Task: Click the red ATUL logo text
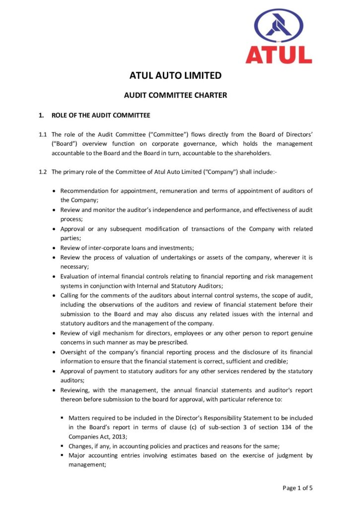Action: click(x=279, y=54)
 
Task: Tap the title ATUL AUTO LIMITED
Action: click(x=175, y=76)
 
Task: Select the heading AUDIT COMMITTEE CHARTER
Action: click(x=175, y=95)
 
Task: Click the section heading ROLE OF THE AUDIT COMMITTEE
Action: click(x=101, y=116)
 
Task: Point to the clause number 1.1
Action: click(x=43, y=134)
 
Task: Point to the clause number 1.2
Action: click(x=43, y=172)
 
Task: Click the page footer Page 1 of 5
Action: click(x=297, y=488)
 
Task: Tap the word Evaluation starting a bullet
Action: click(x=75, y=276)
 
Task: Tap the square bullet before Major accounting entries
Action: click(x=62, y=455)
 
